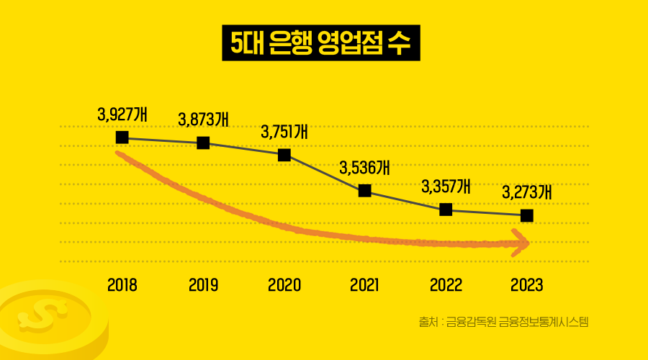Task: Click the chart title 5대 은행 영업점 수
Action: tap(320, 42)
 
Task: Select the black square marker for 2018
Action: tap(122, 137)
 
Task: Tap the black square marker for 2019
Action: tap(203, 143)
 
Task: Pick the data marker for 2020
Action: tap(284, 155)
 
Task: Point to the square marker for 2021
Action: tap(365, 190)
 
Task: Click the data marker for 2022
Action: tap(446, 210)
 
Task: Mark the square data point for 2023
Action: tap(526, 215)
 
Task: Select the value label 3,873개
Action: tap(203, 119)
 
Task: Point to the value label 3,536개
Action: tap(364, 168)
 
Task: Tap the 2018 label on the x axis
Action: tap(122, 284)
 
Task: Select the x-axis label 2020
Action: tap(284, 284)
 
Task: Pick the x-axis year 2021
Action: tap(365, 284)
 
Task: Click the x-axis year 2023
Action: tap(526, 284)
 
